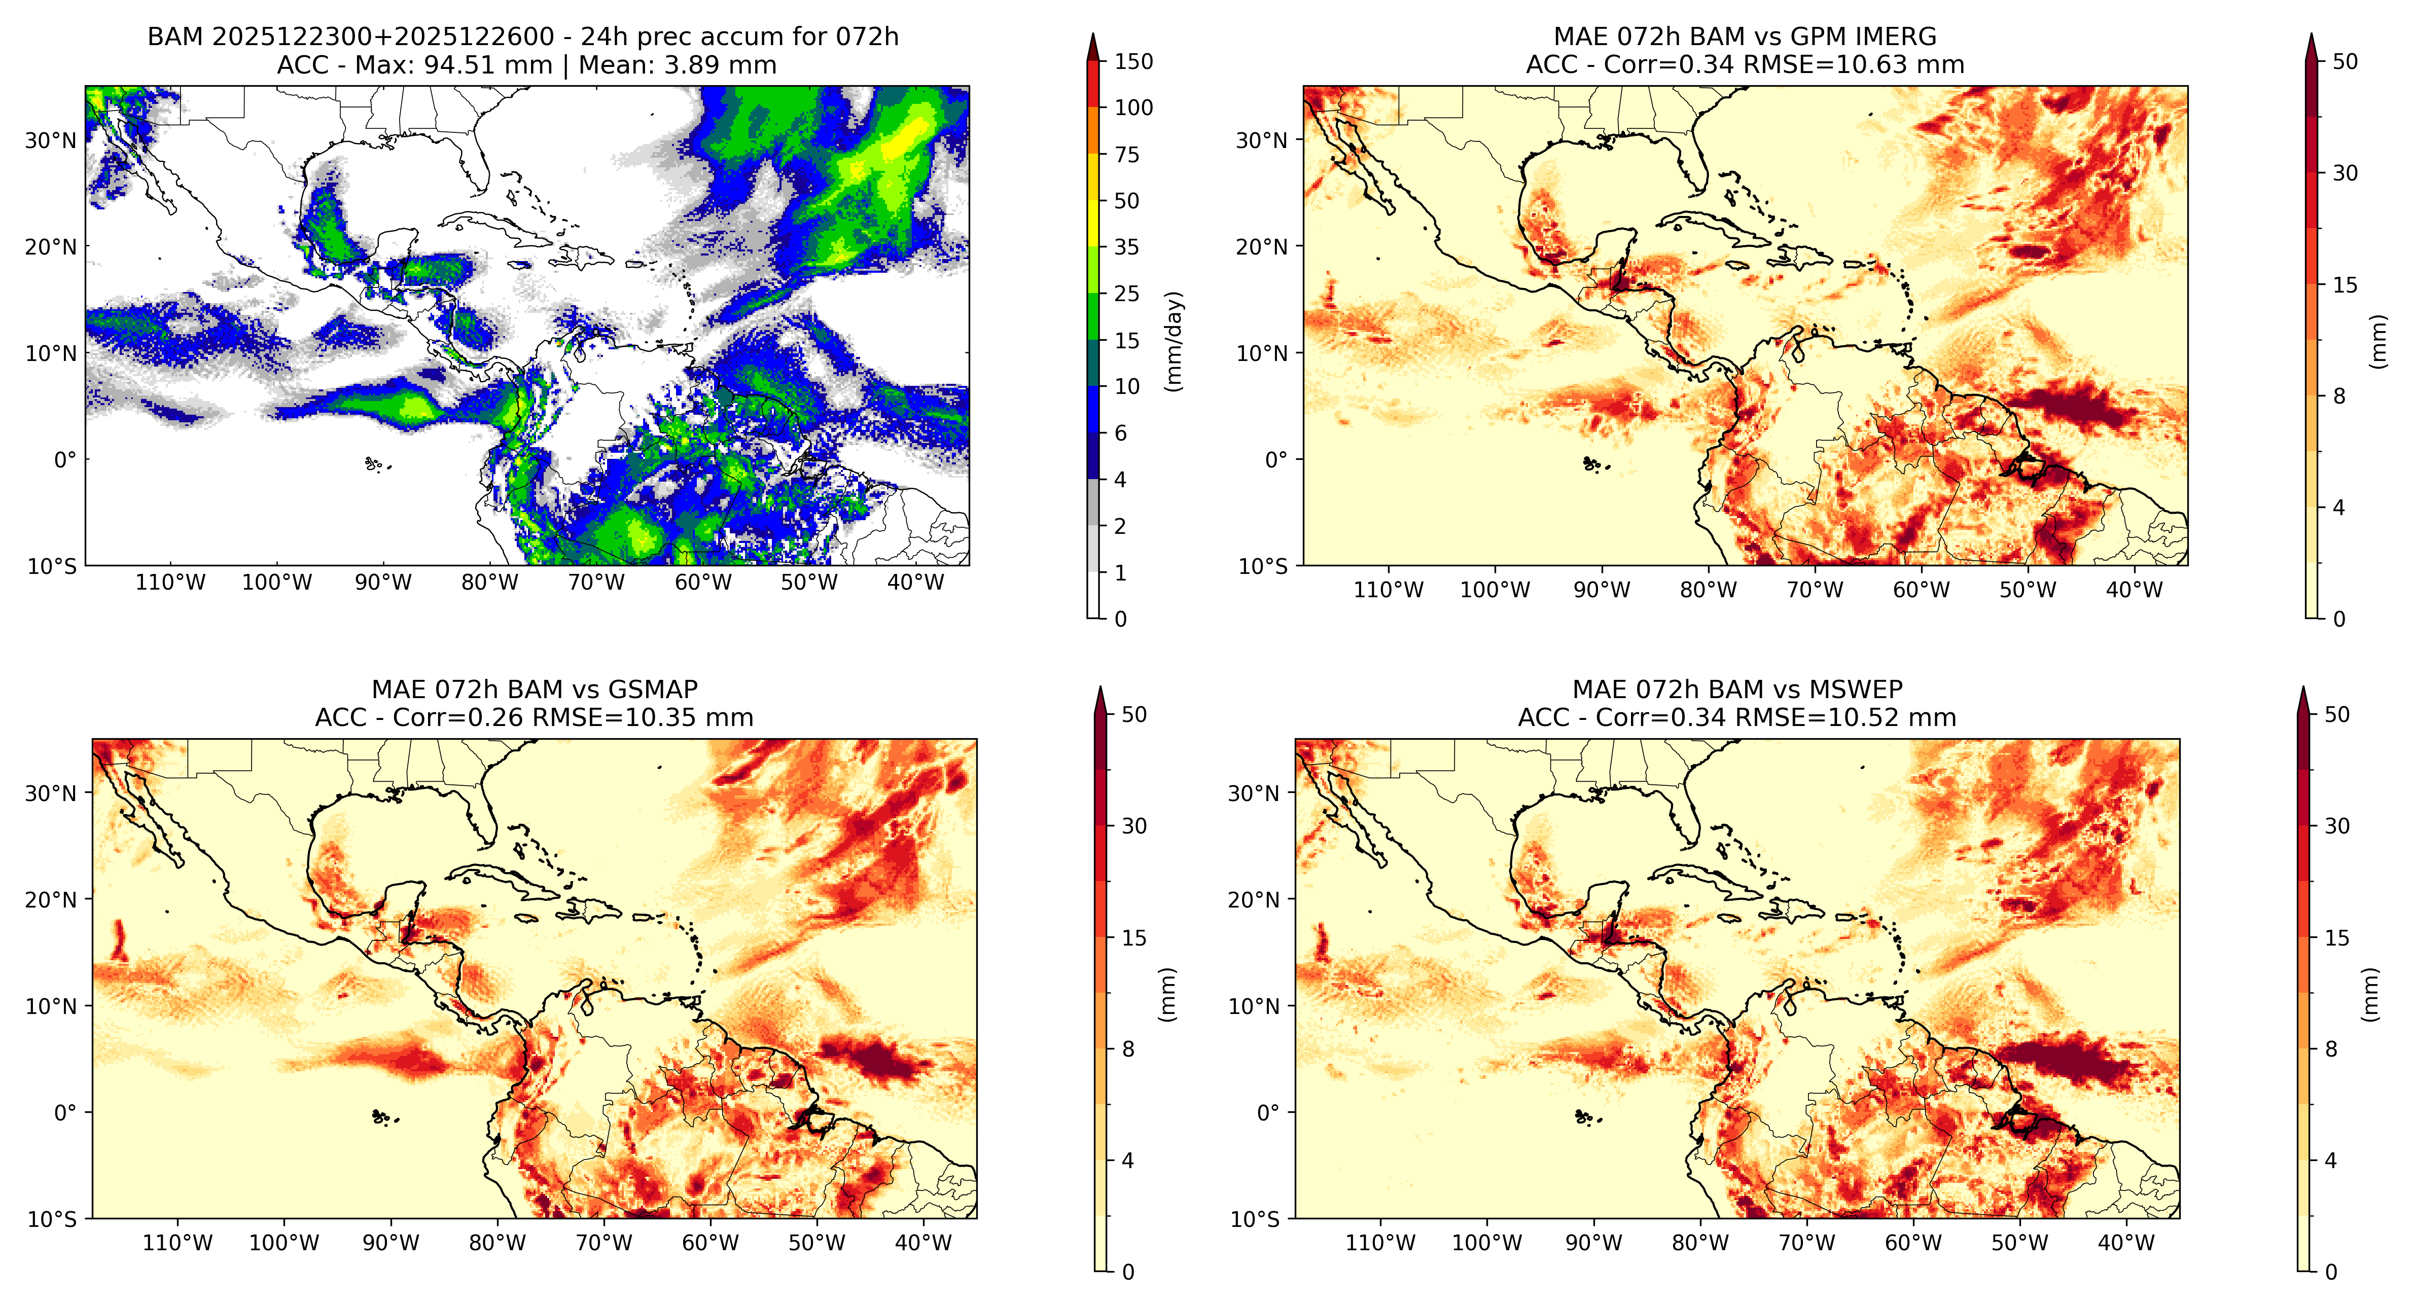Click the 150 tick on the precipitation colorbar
click(1133, 62)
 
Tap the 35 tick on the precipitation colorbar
click(1126, 247)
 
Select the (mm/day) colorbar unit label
click(1173, 341)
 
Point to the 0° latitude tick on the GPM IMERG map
click(1276, 460)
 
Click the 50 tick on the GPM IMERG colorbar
click(2345, 62)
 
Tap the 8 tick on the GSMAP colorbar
click(1128, 1049)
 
